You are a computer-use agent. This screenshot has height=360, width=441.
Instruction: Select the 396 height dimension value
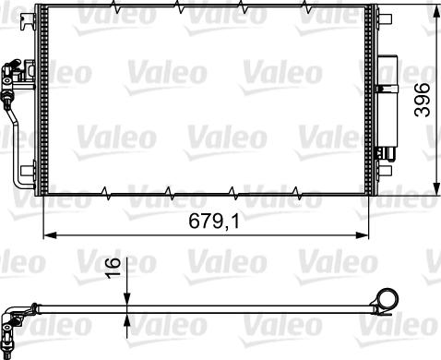(422, 98)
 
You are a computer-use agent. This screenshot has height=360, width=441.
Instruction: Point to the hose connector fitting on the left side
(10, 73)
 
